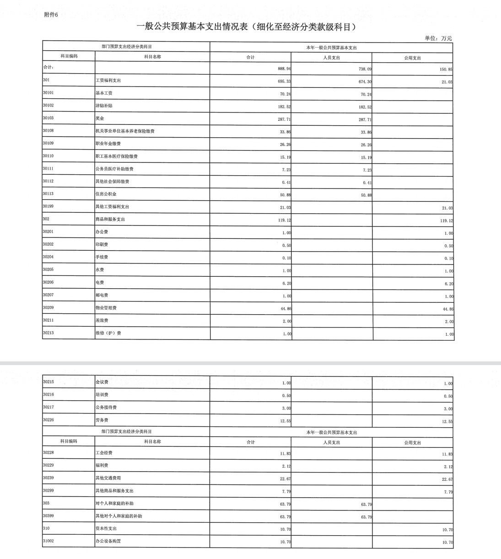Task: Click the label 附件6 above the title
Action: tap(51, 15)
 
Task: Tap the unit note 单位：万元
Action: tap(438, 38)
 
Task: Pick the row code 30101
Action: tap(48, 92)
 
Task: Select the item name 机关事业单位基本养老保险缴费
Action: tap(125, 131)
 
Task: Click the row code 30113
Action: tap(48, 193)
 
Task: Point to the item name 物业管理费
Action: tap(106, 308)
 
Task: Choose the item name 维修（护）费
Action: tap(108, 333)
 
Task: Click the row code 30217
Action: tap(48, 407)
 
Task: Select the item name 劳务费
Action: tap(102, 420)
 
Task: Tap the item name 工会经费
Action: tap(104, 453)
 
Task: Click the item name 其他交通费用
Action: tap(108, 478)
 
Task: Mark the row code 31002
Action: tap(48, 541)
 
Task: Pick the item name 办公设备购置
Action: tap(108, 541)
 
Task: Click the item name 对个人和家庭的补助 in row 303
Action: tap(114, 503)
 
